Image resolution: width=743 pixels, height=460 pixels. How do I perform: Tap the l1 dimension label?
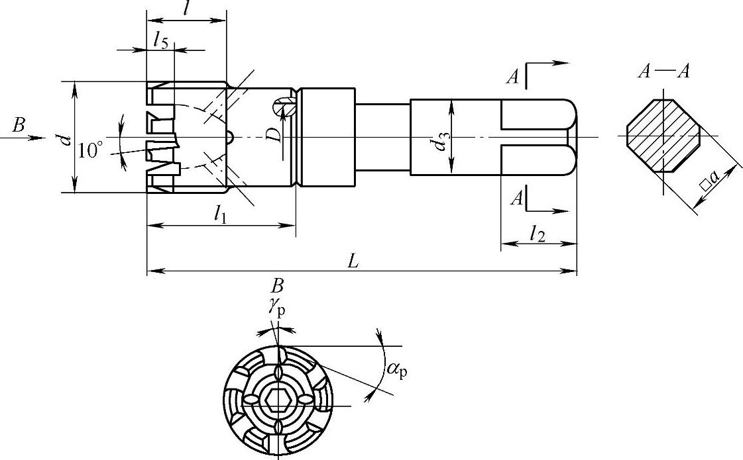point(221,214)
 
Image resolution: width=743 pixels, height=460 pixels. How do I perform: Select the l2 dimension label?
point(538,234)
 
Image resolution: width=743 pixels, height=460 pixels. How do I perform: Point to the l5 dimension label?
point(160,42)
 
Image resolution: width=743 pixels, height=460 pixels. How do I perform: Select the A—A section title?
point(663,71)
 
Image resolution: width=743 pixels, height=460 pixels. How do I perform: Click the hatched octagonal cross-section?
point(663,136)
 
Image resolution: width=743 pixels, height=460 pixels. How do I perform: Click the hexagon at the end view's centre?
point(275,400)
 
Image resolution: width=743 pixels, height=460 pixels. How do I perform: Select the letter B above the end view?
point(278,286)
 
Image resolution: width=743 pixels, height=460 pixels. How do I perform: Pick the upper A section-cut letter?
point(512,77)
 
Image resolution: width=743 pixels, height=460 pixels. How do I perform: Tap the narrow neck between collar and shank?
point(382,137)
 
